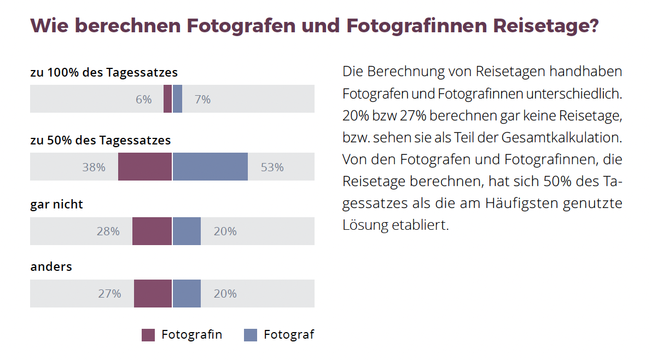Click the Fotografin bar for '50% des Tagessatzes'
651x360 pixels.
point(145,167)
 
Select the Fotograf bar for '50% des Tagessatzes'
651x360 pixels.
point(210,167)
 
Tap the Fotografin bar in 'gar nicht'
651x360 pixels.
point(152,231)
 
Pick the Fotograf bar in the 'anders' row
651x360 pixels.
point(187,293)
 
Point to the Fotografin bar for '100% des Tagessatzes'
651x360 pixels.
point(167,99)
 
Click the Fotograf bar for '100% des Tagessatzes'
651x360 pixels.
point(177,99)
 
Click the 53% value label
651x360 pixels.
point(272,167)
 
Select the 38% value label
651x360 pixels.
point(94,167)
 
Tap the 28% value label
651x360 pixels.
point(108,231)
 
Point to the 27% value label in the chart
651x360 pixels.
point(109,294)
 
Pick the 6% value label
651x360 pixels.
point(143,100)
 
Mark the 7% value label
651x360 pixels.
point(202,100)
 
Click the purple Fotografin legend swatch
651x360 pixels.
point(148,335)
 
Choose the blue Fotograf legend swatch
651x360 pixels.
point(251,335)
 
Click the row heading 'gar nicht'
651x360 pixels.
point(57,205)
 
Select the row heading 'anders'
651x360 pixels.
point(51,267)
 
